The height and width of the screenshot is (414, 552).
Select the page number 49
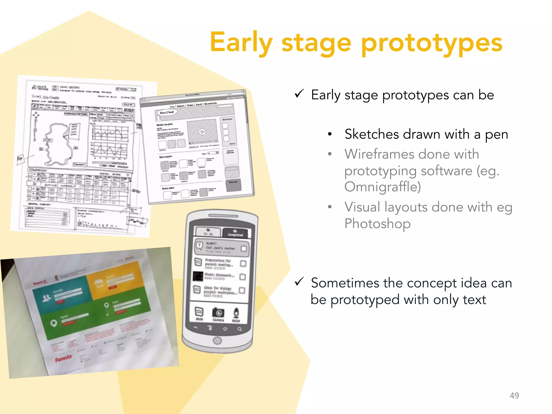514,395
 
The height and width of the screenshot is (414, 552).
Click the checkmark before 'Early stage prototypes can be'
299,94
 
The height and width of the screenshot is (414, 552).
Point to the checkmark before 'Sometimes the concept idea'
299,282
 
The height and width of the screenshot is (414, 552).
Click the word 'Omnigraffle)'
382,187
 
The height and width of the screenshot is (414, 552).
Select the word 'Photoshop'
377,224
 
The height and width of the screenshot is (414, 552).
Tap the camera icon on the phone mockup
219,313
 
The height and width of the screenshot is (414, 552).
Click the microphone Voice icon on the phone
236,313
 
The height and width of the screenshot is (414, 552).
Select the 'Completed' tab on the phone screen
235,233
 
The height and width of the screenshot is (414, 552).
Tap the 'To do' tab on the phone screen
208,232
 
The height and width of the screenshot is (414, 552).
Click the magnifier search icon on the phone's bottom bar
240,329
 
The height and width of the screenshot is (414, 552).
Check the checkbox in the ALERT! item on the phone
244,248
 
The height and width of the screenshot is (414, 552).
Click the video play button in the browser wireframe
202,132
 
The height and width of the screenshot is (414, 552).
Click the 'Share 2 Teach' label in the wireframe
167,112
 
